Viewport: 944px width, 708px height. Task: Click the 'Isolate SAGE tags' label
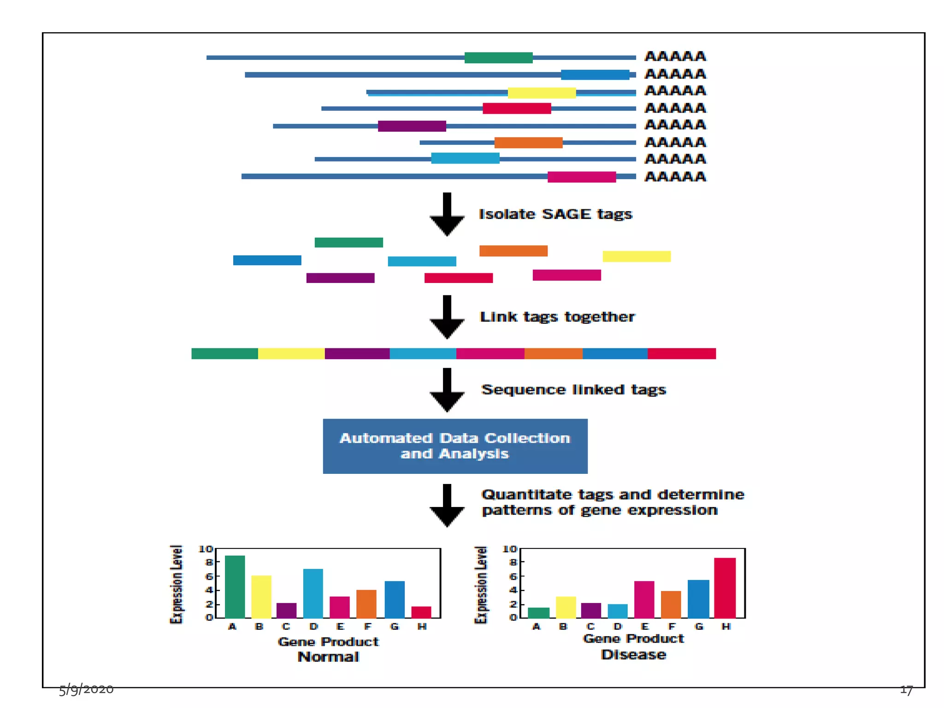click(x=555, y=214)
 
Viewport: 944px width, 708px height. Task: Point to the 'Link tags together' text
click(x=557, y=317)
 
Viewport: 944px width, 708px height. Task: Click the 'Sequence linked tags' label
click(x=573, y=390)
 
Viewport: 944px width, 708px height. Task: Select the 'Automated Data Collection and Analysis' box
click(x=455, y=446)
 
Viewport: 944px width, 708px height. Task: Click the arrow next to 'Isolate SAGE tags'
click(x=447, y=214)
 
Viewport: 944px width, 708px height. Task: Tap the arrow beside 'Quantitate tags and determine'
click(x=447, y=505)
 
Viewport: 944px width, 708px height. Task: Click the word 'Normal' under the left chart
click(x=328, y=657)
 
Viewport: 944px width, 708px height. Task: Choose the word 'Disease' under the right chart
click(x=633, y=655)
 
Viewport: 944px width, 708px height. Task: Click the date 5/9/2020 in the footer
click(x=86, y=689)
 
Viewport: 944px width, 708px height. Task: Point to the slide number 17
click(x=906, y=690)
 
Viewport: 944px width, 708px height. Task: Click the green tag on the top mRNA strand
click(x=498, y=58)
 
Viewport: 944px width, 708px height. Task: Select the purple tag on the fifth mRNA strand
click(x=412, y=126)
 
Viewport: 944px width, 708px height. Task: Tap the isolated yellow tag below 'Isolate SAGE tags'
click(x=637, y=256)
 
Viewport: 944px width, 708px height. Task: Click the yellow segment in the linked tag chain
click(x=291, y=354)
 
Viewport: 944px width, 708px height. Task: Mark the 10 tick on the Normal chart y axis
click(x=206, y=549)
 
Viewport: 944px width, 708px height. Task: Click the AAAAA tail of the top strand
click(x=675, y=57)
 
